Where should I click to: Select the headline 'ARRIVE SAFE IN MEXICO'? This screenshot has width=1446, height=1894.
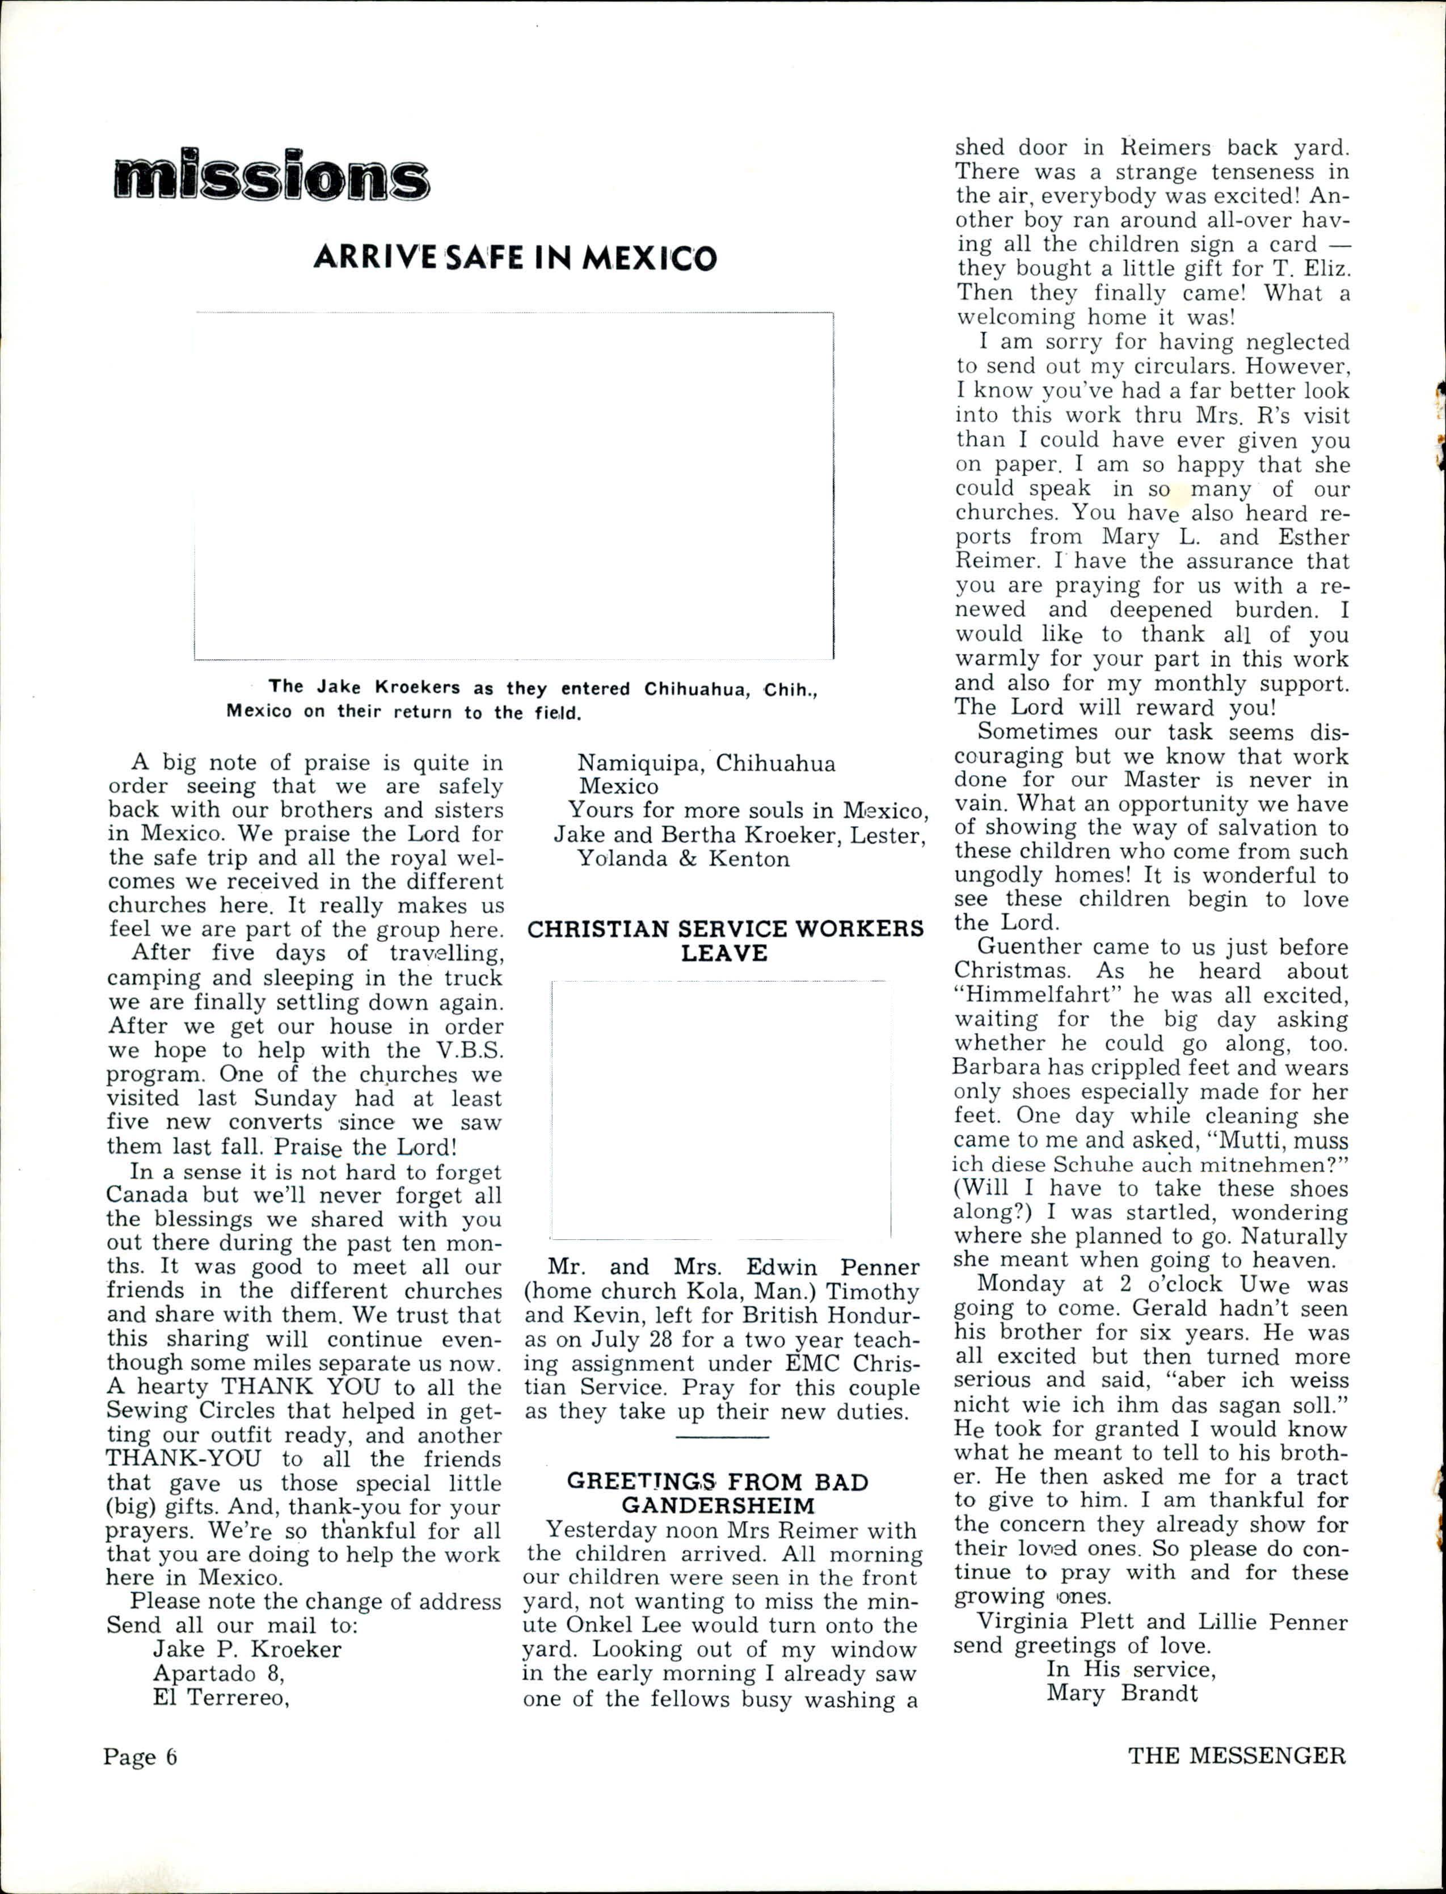tap(514, 258)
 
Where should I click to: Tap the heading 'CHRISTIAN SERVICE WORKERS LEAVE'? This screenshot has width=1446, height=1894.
tap(725, 941)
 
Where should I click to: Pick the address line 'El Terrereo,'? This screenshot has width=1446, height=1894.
tap(220, 1698)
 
